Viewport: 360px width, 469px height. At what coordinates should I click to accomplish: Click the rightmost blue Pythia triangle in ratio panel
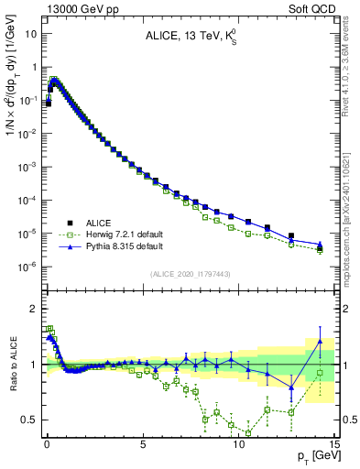[x=320, y=341]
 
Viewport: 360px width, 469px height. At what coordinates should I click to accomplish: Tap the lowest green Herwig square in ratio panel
[x=247, y=433]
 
